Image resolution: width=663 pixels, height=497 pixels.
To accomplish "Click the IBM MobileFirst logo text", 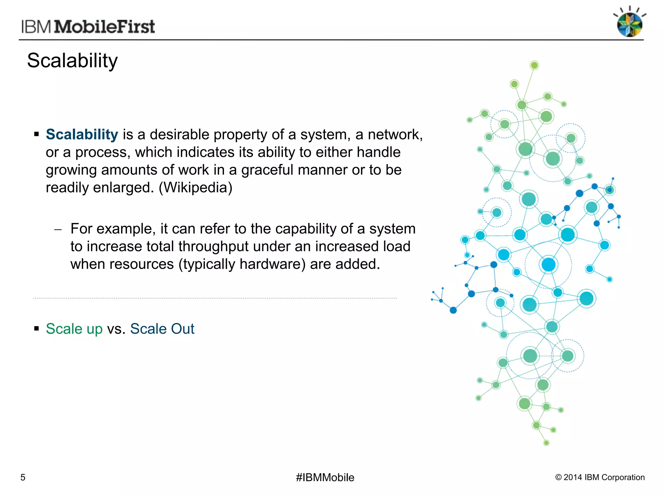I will [x=88, y=27].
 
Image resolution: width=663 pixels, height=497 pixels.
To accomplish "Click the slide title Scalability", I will [x=72, y=61].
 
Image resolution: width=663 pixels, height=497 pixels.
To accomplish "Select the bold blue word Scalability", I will [x=82, y=134].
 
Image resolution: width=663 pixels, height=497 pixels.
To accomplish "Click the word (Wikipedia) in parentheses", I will [x=196, y=187].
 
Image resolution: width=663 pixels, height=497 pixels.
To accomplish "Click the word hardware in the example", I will [x=269, y=264].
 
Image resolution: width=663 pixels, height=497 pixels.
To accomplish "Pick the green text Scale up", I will [x=74, y=329].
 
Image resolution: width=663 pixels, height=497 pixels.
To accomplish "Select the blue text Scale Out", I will [x=162, y=329].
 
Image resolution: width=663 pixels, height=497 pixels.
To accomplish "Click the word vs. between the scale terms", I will [x=116, y=329].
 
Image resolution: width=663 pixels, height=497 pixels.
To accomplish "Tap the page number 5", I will [x=23, y=477].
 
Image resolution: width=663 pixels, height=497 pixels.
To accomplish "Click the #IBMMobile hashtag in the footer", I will [x=325, y=477].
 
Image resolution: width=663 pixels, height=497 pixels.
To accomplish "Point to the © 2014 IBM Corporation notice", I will [x=600, y=477].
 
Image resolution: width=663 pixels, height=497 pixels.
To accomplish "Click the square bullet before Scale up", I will [x=36, y=329].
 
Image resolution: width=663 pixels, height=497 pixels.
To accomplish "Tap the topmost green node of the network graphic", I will [x=534, y=65].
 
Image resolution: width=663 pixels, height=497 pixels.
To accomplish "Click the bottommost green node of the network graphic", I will [x=546, y=443].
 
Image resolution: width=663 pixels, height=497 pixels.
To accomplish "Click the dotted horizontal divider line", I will [x=215, y=298].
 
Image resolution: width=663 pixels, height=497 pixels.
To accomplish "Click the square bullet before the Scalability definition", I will [x=36, y=134].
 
